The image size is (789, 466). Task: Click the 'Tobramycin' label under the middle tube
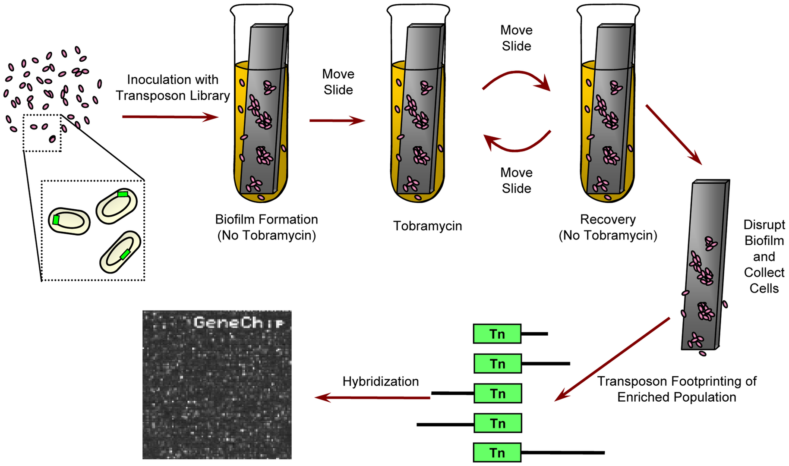pos(427,226)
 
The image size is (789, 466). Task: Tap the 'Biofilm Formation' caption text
pos(266,220)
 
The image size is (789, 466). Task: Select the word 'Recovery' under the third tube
pos(608,220)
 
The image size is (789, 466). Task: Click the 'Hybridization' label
pos(380,381)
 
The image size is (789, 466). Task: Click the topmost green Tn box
pos(497,334)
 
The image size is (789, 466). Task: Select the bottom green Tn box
pos(497,453)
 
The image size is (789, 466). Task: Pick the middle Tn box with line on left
pos(497,394)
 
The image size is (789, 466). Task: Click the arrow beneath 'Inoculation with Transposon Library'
pos(170,116)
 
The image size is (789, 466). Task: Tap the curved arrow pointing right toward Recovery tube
pos(517,78)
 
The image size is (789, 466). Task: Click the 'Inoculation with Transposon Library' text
pos(173,88)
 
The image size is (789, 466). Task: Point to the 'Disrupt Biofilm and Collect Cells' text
pos(764,256)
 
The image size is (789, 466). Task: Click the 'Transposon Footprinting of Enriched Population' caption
pos(676,389)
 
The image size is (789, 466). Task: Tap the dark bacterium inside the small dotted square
pos(52,139)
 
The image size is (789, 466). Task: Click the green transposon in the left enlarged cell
pos(56,220)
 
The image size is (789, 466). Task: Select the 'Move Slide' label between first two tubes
pos(338,82)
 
